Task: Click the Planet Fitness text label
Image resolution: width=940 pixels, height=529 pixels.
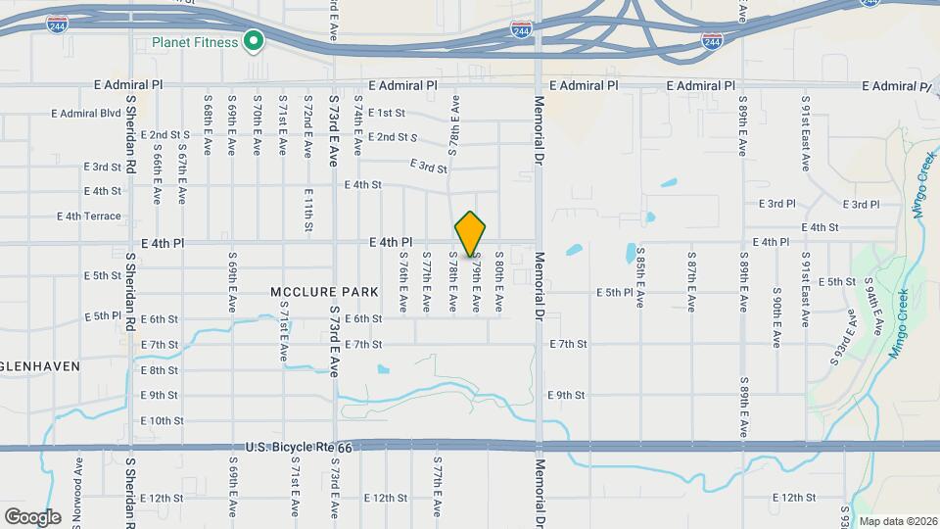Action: point(194,42)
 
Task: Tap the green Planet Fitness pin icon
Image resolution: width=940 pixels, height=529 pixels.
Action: point(254,42)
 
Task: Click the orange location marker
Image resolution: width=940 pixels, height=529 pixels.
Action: point(470,235)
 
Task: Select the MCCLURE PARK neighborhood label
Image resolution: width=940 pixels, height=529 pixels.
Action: point(312,293)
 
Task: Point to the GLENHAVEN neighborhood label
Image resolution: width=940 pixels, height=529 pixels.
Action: point(38,365)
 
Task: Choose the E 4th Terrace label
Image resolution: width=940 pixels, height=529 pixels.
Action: point(89,216)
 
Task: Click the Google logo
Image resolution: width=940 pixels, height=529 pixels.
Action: point(32,516)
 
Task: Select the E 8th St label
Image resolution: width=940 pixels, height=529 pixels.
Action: point(160,370)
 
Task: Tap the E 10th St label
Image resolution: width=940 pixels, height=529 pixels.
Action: point(162,421)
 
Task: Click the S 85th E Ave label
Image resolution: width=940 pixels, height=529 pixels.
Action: point(639,283)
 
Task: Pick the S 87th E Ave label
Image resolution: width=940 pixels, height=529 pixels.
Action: point(691,283)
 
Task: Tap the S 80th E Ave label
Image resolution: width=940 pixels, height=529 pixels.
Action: point(498,283)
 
